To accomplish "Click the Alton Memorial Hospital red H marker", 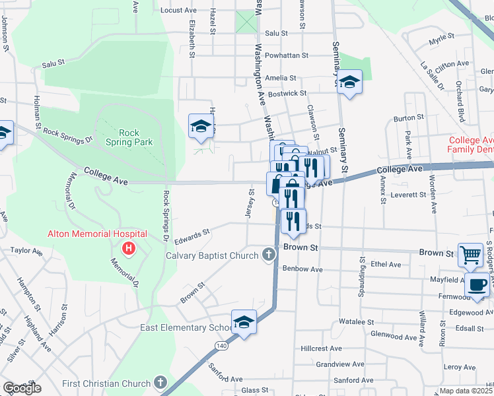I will (129, 249).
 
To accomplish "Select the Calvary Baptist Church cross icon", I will (268, 254).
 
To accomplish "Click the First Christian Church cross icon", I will (160, 383).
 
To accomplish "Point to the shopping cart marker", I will (470, 254).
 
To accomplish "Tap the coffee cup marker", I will (477, 285).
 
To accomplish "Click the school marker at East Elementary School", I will (244, 323).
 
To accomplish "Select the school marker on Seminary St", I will (350, 82).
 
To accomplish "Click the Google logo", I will (22, 388).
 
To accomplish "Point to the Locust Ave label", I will (178, 11).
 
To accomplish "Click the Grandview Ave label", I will (339, 364).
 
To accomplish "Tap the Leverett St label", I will (409, 195).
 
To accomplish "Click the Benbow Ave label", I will (302, 269).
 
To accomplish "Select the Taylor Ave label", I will (26, 251).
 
